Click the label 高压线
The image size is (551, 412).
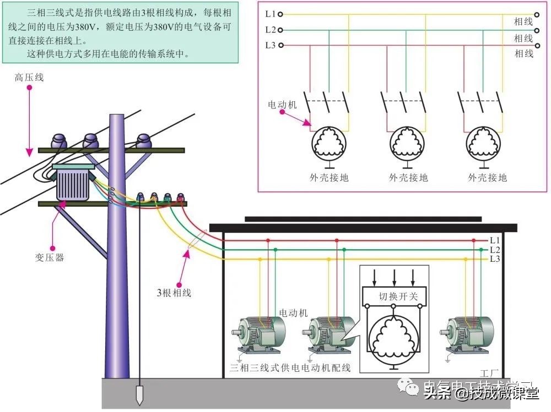click(29, 78)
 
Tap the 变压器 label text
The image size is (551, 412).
click(47, 257)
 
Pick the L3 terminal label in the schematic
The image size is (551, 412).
click(270, 46)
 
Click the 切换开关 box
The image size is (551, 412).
click(395, 296)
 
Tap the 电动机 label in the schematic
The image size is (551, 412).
click(282, 104)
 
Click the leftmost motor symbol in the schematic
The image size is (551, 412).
click(328, 142)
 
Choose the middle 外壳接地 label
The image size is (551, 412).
click(408, 177)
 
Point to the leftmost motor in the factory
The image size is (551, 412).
click(259, 332)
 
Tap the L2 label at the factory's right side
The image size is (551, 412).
click(495, 249)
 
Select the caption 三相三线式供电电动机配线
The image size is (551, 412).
click(290, 367)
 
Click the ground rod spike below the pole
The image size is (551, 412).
click(139, 396)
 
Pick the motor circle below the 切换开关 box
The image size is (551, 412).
click(394, 337)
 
